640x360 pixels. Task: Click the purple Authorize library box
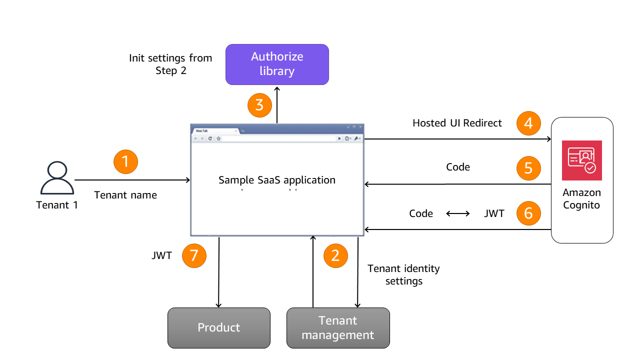pyautogui.click(x=277, y=64)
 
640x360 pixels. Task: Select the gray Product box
pyautogui.click(x=218, y=327)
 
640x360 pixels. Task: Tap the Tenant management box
pyautogui.click(x=338, y=327)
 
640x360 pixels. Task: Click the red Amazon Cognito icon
pyautogui.click(x=581, y=160)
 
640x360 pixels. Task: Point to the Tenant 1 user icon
pyautogui.click(x=57, y=178)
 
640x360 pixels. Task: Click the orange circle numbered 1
pyautogui.click(x=125, y=161)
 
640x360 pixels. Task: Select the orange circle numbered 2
pyautogui.click(x=335, y=255)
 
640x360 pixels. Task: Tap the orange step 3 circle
pyautogui.click(x=259, y=105)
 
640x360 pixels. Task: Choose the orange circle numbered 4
pyautogui.click(x=528, y=123)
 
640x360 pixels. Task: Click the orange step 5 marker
pyautogui.click(x=528, y=168)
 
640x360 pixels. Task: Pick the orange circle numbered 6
pyautogui.click(x=528, y=213)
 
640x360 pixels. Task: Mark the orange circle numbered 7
pyautogui.click(x=194, y=256)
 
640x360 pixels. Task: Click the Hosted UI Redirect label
pyautogui.click(x=457, y=123)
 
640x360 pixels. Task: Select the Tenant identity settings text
pyautogui.click(x=403, y=274)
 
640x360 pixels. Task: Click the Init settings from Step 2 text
pyautogui.click(x=170, y=64)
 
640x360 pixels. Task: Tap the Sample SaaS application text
pyautogui.click(x=277, y=180)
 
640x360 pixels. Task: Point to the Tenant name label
pyautogui.click(x=125, y=195)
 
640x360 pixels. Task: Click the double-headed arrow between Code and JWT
pyautogui.click(x=458, y=213)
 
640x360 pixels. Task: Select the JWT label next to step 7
pyautogui.click(x=161, y=255)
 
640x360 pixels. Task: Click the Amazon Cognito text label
pyautogui.click(x=581, y=198)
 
